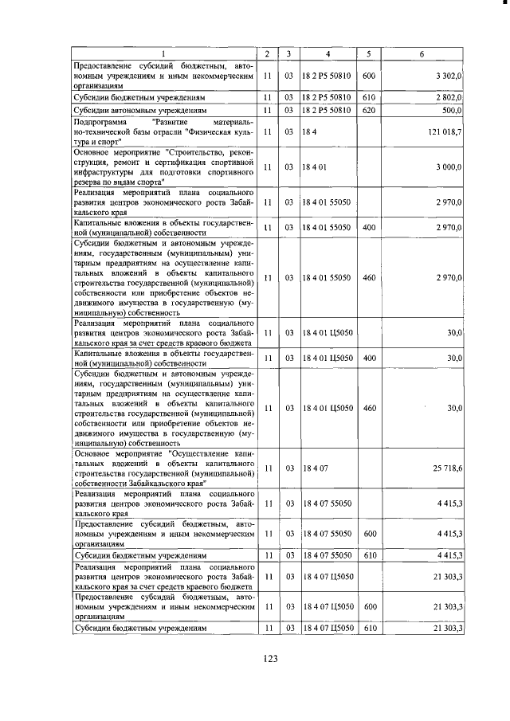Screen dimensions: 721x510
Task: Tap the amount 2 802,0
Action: tap(449, 97)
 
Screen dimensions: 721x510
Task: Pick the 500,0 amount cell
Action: tap(453, 110)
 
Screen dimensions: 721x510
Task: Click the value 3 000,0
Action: tap(449, 167)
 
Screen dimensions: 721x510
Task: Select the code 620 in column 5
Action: tap(368, 110)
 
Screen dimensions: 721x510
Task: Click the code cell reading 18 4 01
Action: tap(316, 167)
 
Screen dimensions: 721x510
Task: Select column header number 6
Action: tap(431, 53)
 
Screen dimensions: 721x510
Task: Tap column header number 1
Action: tap(164, 53)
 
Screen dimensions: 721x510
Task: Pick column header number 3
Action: tap(290, 53)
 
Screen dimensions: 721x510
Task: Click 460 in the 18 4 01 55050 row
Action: tap(368, 277)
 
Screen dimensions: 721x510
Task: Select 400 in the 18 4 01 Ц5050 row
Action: tap(368, 359)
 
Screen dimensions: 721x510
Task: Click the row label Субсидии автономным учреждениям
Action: tap(140, 110)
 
